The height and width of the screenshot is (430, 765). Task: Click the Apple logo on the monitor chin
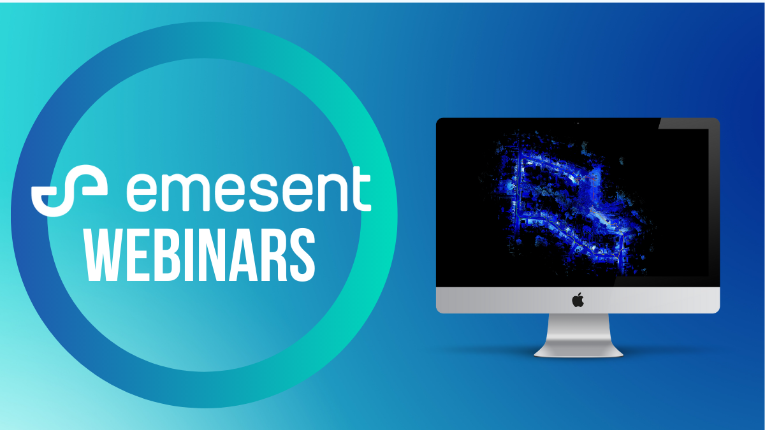click(578, 300)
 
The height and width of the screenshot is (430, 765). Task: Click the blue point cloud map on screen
click(567, 204)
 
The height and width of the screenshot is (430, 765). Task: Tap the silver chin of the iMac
click(578, 300)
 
